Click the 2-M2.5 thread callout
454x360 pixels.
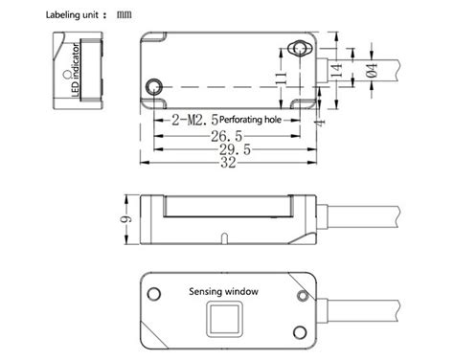193,121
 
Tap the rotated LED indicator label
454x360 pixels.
77,70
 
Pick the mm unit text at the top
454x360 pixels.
126,14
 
